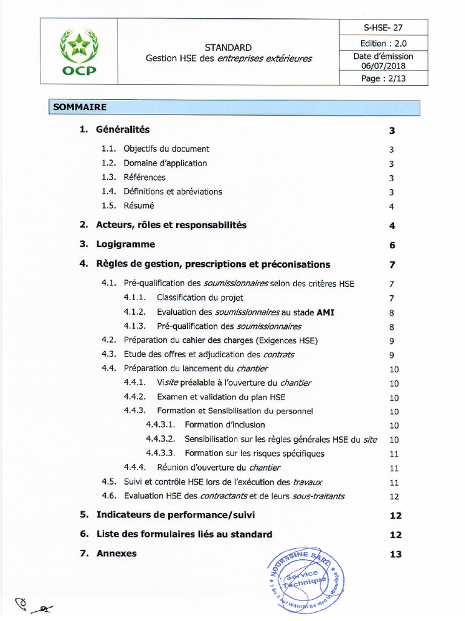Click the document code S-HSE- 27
coord(383,27)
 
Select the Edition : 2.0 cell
coord(383,43)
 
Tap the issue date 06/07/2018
coord(383,66)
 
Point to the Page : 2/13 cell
coord(383,79)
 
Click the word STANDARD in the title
coord(228,47)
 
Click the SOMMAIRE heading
coord(80,107)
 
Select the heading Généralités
coord(123,130)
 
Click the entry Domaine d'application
coord(165,163)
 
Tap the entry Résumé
coord(139,206)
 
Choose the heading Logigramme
coord(125,244)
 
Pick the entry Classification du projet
coord(200,298)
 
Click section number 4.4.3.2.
coord(160,439)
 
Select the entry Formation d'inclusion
coord(225,425)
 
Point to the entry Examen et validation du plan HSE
coord(221,397)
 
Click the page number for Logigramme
coord(392,245)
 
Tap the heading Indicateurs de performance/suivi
coord(176,515)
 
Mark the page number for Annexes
coord(395,554)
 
